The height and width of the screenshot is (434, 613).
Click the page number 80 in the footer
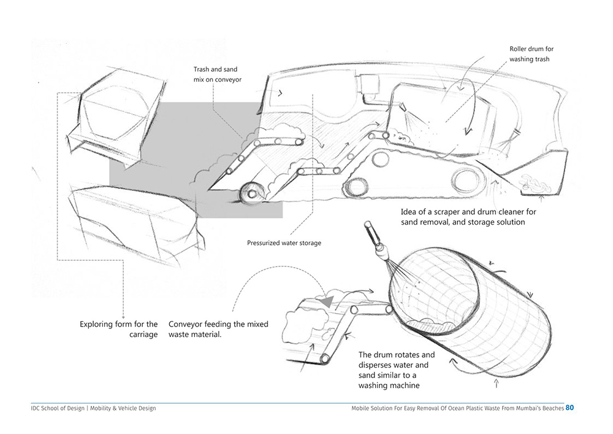click(x=570, y=408)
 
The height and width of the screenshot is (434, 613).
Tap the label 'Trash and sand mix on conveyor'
click(x=215, y=74)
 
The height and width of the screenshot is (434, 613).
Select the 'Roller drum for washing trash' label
click(x=531, y=54)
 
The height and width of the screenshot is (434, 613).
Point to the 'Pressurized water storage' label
click(x=284, y=243)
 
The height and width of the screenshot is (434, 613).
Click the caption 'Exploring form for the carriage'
click(x=118, y=329)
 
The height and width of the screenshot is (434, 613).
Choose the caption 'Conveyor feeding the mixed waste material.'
click(x=218, y=329)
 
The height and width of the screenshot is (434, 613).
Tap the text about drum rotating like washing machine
click(x=397, y=370)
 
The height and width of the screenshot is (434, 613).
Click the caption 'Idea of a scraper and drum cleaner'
click(x=468, y=217)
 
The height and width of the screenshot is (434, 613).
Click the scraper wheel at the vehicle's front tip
click(x=250, y=193)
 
